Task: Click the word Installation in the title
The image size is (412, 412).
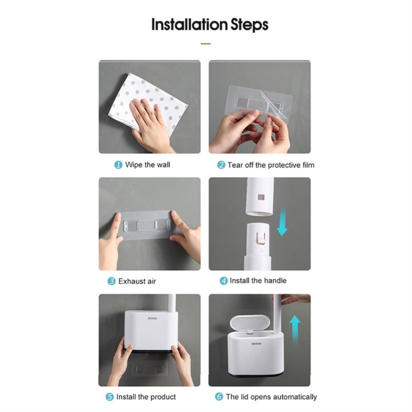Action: (190, 25)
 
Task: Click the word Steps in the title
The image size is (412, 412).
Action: (249, 25)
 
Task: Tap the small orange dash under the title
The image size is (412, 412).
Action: (206, 44)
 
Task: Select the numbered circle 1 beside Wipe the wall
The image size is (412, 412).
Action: (118, 165)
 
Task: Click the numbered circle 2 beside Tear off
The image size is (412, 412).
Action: (221, 165)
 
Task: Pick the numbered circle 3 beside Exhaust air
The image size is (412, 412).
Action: (111, 281)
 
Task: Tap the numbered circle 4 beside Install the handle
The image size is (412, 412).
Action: (224, 281)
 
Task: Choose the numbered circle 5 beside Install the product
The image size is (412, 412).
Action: (110, 397)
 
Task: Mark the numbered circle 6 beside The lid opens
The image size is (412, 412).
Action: (219, 397)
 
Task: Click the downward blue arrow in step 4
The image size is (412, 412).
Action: (282, 221)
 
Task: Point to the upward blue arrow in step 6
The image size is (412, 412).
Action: (295, 330)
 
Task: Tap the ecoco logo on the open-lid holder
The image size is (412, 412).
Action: (256, 344)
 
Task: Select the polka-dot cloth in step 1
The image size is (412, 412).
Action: (147, 103)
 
